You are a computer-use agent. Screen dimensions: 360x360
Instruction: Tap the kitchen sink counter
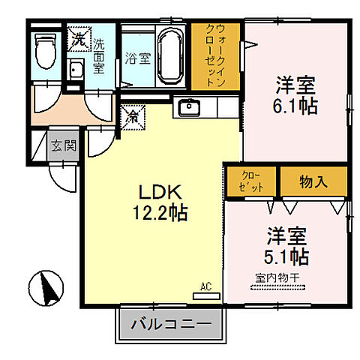tap(195, 106)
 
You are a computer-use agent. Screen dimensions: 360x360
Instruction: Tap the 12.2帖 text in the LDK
tap(157, 212)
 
